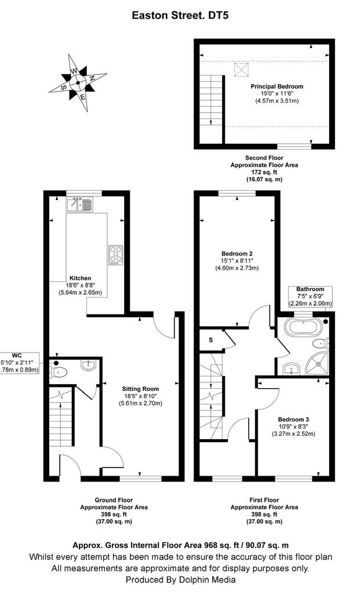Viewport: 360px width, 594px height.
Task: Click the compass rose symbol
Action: click(78, 82)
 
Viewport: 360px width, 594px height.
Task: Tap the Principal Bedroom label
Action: click(277, 86)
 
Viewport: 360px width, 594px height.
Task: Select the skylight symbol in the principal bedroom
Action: click(242, 70)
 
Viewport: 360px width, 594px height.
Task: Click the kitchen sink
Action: click(79, 205)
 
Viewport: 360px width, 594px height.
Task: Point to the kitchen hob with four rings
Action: click(116, 255)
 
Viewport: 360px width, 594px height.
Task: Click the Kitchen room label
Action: click(80, 278)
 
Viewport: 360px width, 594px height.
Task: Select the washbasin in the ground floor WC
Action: click(89, 364)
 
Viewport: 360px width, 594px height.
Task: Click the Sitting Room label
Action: click(140, 389)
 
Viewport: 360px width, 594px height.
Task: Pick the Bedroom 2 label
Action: click(237, 253)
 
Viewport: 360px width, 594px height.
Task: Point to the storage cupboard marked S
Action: click(211, 340)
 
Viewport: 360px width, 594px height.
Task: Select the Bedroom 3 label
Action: click(293, 419)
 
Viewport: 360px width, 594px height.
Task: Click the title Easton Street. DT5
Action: click(180, 16)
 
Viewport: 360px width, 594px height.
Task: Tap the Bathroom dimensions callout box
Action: click(310, 296)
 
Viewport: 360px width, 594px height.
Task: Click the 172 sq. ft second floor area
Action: click(264, 172)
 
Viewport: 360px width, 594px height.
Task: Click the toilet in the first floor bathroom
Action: click(320, 343)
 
